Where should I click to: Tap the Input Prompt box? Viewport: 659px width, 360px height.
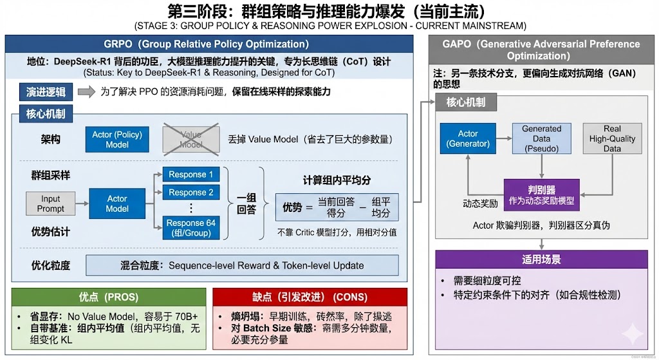(51, 204)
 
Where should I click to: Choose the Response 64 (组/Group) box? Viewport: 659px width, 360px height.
(190, 228)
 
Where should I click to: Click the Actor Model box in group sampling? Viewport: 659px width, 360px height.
(117, 204)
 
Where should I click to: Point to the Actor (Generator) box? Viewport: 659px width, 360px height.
(468, 138)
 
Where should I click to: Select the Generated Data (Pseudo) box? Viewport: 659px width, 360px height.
(541, 138)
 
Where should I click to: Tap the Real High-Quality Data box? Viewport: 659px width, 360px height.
(612, 138)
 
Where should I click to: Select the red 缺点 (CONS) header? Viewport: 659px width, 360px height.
(310, 297)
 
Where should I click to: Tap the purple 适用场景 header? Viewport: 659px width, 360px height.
(541, 260)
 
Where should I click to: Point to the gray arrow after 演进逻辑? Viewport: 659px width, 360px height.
(86, 92)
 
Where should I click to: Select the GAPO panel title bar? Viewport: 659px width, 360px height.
(541, 50)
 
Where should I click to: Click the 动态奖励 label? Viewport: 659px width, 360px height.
(476, 204)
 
